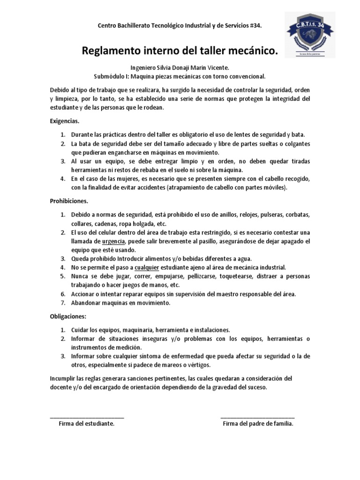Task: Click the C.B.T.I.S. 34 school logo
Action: (x=310, y=35)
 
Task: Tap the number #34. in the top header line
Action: (x=254, y=26)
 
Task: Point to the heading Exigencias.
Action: (x=65, y=121)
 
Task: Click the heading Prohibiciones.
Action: (x=69, y=201)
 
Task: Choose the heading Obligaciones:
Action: (x=68, y=316)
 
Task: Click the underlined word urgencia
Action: (x=113, y=241)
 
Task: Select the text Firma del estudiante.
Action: (x=87, y=423)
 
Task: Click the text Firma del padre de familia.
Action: (x=258, y=423)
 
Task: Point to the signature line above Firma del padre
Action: (x=257, y=416)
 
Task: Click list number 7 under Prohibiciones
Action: (x=63, y=303)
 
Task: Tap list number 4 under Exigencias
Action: (x=63, y=179)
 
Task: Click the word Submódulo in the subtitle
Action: (x=110, y=76)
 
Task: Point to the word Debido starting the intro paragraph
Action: (x=60, y=90)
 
